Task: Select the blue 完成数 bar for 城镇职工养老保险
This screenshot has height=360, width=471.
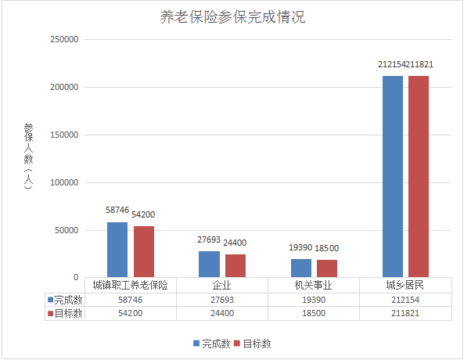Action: click(x=117, y=250)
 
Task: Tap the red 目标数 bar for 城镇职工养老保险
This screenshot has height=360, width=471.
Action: click(x=144, y=251)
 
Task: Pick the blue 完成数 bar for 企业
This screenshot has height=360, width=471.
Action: click(x=209, y=264)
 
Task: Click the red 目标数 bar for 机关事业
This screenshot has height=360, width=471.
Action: click(x=328, y=268)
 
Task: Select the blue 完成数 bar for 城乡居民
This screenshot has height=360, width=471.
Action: click(x=393, y=176)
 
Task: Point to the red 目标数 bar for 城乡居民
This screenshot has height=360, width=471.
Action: click(x=419, y=176)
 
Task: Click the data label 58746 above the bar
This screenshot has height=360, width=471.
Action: click(x=117, y=211)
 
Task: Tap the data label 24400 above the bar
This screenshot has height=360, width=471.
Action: click(x=235, y=243)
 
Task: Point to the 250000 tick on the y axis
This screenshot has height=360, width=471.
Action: click(x=63, y=39)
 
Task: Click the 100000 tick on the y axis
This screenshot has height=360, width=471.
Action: click(x=63, y=182)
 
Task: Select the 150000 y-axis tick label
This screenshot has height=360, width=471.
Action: click(x=63, y=135)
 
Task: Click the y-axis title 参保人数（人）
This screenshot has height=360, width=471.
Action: click(x=29, y=157)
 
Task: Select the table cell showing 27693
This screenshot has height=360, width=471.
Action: click(x=222, y=300)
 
